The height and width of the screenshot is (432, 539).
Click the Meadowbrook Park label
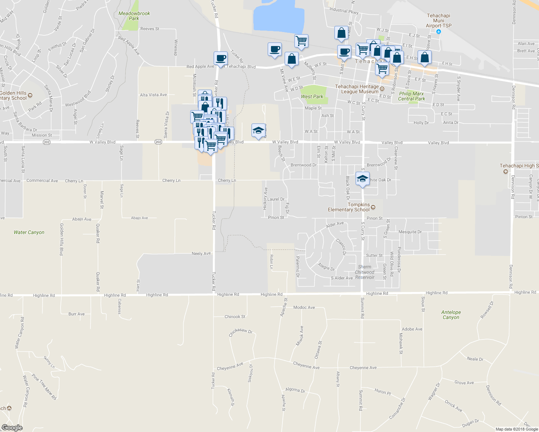[134, 16]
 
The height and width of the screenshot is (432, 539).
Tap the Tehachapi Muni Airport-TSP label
[438, 21]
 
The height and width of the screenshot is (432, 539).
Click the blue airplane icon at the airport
[438, 32]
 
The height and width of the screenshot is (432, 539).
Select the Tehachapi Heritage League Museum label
[357, 89]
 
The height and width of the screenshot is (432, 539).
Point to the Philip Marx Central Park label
[411, 96]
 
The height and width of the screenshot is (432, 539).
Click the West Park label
[312, 96]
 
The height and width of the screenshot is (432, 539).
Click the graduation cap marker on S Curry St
[362, 179]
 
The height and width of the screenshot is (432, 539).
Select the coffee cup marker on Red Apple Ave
[220, 58]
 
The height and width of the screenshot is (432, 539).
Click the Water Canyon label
[29, 232]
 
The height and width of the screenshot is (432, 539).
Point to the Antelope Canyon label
[451, 315]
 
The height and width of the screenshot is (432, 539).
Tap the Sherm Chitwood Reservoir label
[365, 272]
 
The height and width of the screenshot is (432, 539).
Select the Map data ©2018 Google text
[516, 429]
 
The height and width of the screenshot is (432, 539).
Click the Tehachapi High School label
[519, 166]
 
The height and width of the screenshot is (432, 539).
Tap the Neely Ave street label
[201, 253]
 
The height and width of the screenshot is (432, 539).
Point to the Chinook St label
[235, 317]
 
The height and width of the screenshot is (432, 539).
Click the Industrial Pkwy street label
[344, 11]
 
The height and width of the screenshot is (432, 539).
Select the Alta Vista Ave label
[153, 95]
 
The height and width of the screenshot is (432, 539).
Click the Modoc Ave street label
[304, 307]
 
